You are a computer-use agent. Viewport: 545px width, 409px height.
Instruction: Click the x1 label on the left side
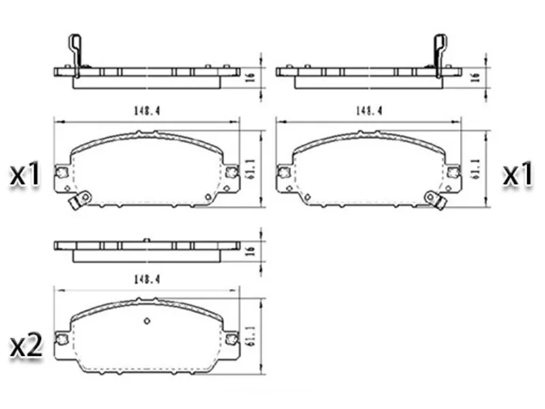[x=25, y=175]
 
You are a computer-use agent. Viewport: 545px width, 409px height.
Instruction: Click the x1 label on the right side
[x=518, y=175]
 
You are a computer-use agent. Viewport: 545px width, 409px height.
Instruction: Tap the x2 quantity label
[x=27, y=346]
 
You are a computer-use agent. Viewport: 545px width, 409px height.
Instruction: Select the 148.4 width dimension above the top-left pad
[x=146, y=111]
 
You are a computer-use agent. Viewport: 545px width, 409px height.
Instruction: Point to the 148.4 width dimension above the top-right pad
[x=369, y=111]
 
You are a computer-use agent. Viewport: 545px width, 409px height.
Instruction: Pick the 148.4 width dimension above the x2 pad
[x=146, y=279]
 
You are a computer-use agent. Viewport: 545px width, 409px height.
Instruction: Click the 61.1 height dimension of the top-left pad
[x=252, y=169]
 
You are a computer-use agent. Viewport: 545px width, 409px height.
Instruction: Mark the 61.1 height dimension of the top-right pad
[x=476, y=169]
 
